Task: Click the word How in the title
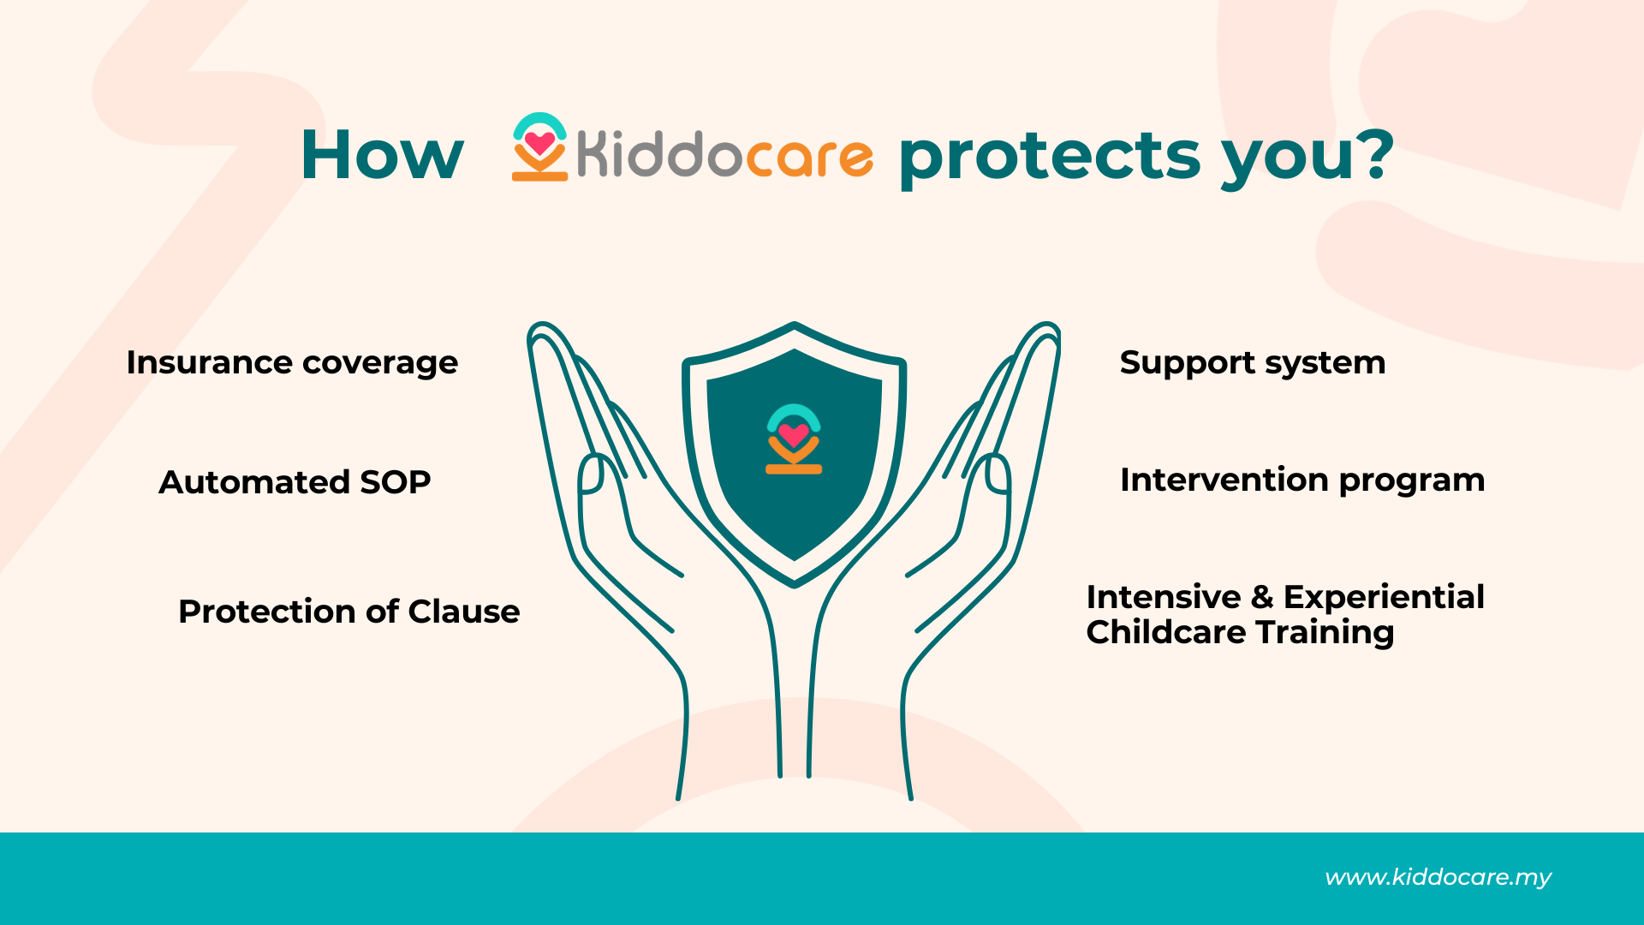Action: tap(382, 155)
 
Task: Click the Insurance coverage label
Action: tap(292, 363)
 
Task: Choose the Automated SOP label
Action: tap(295, 482)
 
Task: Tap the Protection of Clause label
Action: tap(348, 612)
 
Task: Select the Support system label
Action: tap(1253, 363)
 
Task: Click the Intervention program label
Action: tap(1302, 480)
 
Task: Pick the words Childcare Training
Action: tap(1240, 633)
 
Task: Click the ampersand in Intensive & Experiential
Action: tap(1262, 597)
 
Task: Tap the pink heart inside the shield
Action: tap(794, 435)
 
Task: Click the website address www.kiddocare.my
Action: tap(1438, 878)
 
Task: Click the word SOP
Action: tap(395, 482)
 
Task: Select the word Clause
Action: tap(463, 612)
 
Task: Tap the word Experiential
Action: tap(1384, 598)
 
